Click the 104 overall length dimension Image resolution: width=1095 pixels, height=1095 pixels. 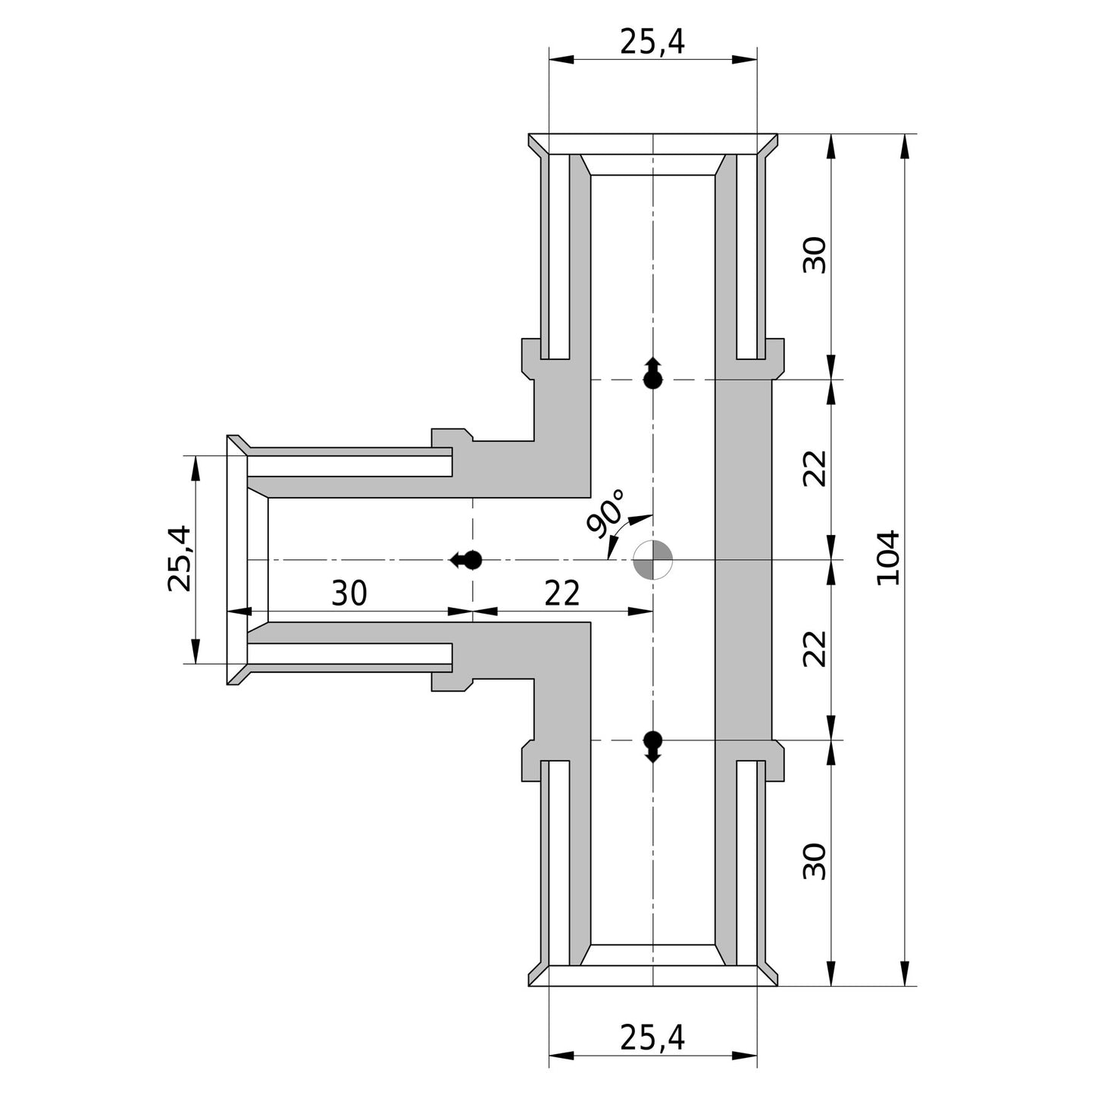[889, 558]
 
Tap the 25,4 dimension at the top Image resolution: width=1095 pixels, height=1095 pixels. [652, 42]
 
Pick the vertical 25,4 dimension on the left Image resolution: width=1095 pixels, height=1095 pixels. [180, 559]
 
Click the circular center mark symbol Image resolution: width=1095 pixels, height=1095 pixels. [653, 560]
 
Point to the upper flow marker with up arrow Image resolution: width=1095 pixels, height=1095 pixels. [653, 373]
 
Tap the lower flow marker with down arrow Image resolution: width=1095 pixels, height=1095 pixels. [653, 746]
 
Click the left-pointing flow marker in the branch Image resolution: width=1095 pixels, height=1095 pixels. [465, 560]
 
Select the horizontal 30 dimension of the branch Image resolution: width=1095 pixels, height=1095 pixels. [349, 593]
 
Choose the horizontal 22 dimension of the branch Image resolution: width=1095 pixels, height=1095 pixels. [562, 593]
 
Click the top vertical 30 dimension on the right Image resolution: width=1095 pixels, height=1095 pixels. [815, 255]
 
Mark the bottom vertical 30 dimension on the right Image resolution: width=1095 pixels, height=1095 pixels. [815, 862]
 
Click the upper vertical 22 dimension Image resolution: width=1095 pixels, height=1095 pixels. [815, 468]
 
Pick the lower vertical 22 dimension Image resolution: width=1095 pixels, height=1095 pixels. [815, 649]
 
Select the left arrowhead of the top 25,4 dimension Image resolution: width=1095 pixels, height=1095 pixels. [562, 60]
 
